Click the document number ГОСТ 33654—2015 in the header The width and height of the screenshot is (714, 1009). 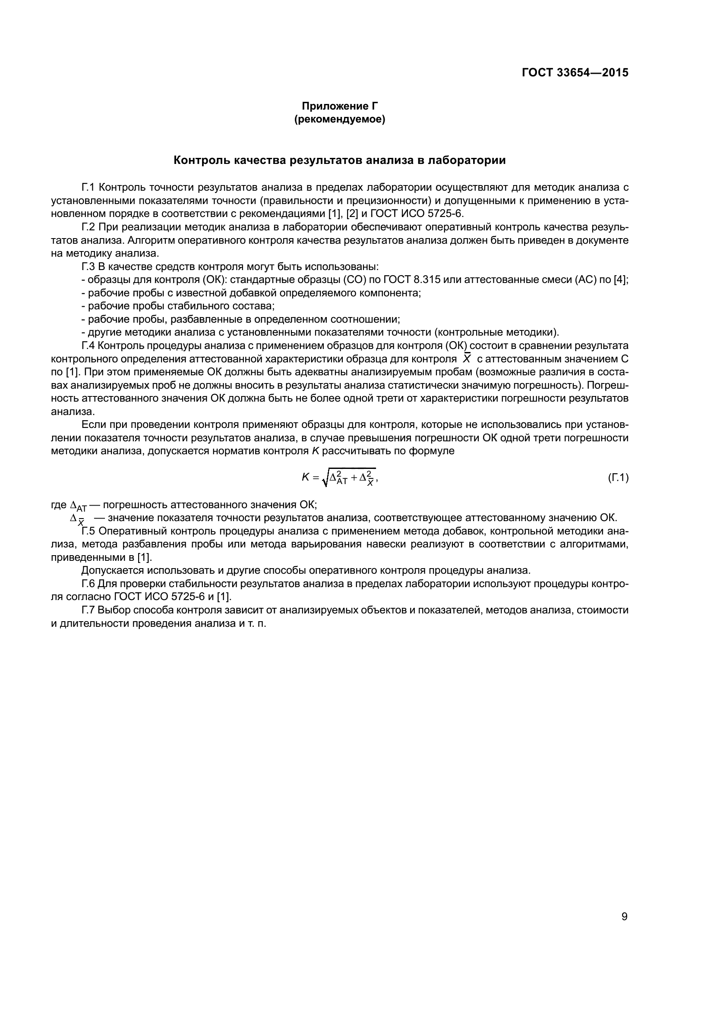(575, 72)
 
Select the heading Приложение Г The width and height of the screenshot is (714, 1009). (339, 106)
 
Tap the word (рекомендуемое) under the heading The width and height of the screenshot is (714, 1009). (339, 119)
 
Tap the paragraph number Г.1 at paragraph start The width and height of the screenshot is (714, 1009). (88, 188)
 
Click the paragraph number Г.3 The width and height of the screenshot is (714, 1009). (88, 267)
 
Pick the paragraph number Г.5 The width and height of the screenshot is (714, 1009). (88, 531)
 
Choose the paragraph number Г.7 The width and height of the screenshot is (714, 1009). (88, 610)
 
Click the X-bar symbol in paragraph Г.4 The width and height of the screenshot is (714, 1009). (467, 358)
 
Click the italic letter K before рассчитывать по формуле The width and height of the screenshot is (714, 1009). (315, 451)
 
